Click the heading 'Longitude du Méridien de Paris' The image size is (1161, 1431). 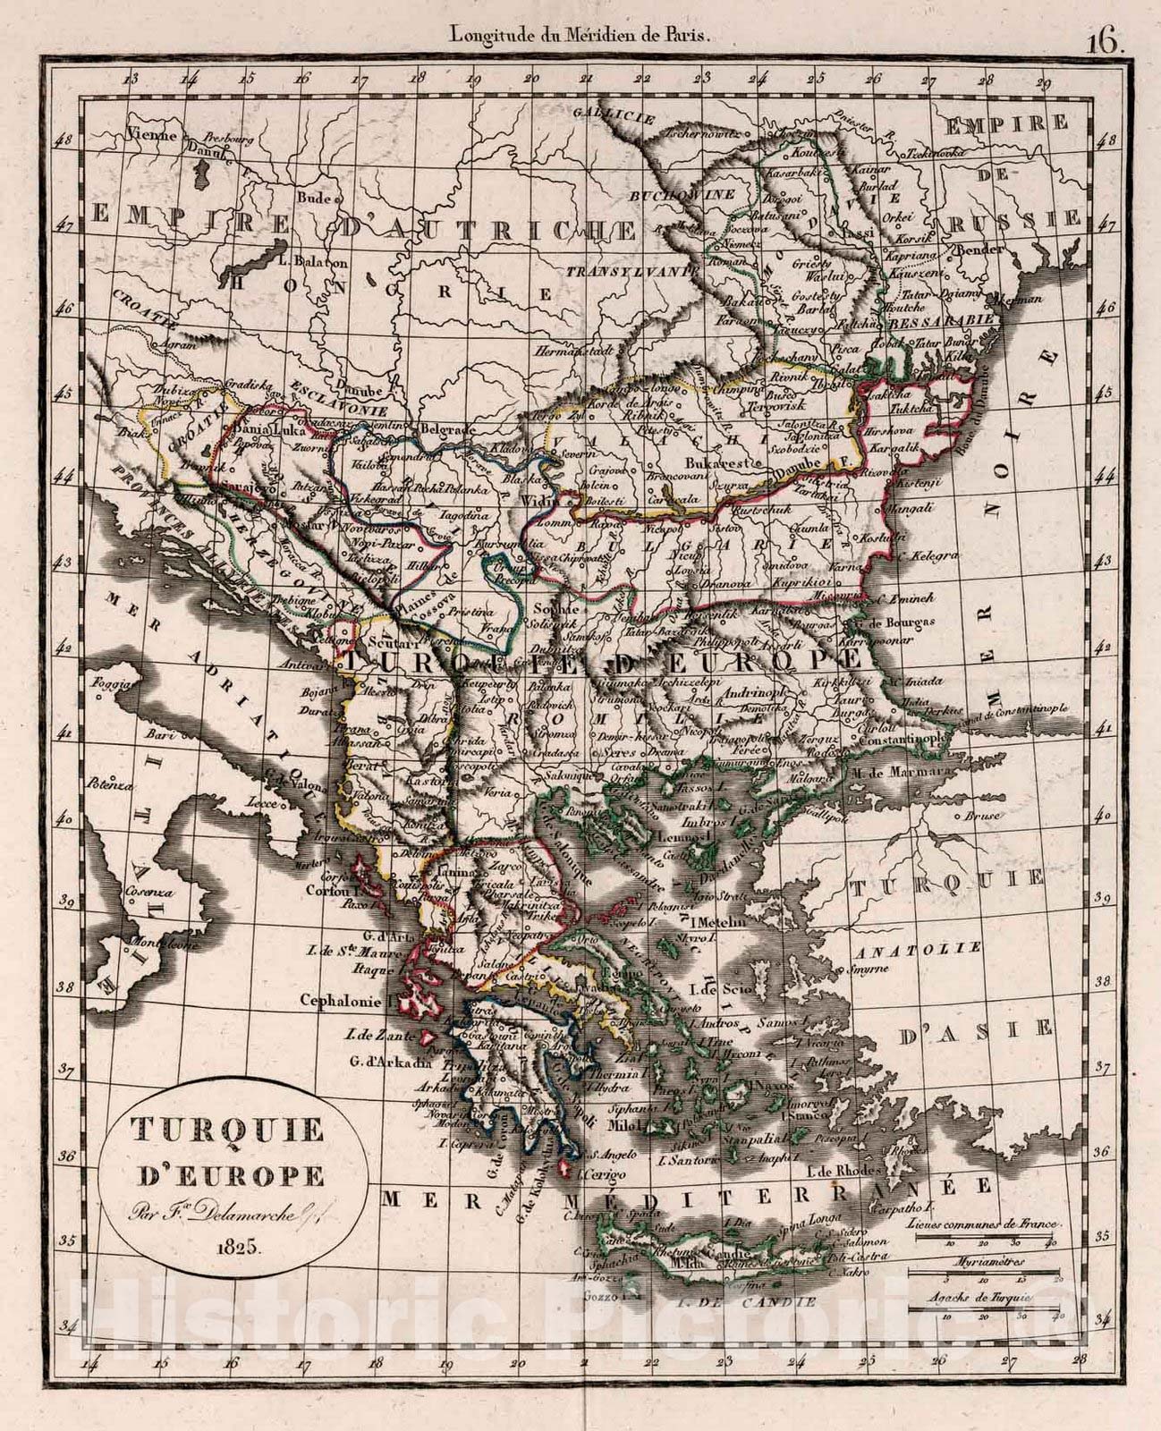pyautogui.click(x=580, y=36)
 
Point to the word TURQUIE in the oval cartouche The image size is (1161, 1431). pyautogui.click(x=228, y=1131)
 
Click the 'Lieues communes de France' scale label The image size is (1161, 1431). pyautogui.click(x=981, y=1223)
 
